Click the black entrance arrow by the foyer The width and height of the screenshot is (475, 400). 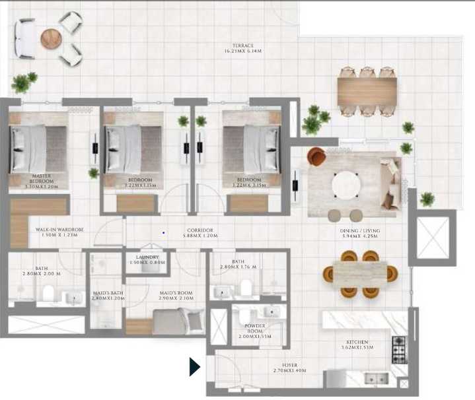[x=194, y=366]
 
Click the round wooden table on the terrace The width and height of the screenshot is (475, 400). [x=51, y=39]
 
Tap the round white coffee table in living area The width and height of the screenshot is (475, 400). [x=345, y=185]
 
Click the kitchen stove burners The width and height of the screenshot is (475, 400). [x=399, y=349]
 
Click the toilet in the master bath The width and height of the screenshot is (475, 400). [x=48, y=294]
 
